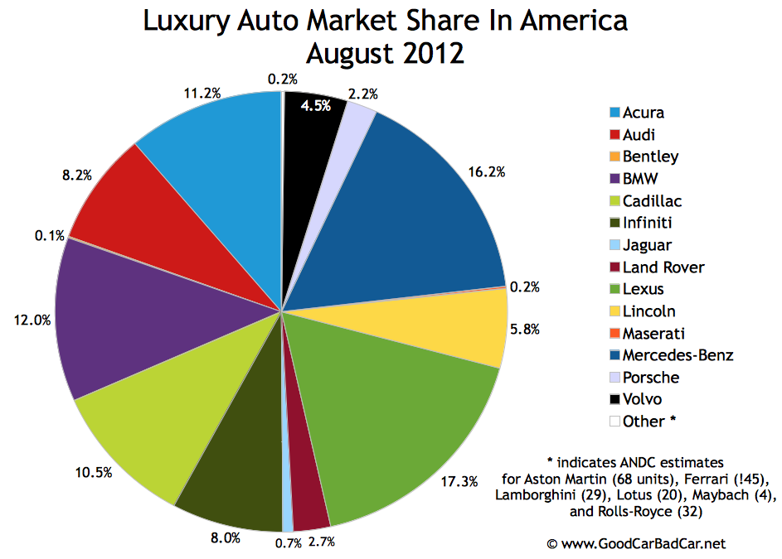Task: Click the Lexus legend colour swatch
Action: pyautogui.click(x=614, y=290)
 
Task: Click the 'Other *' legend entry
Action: pyautogui.click(x=642, y=422)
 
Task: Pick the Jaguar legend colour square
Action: pyautogui.click(x=614, y=246)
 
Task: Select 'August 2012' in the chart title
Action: pyautogui.click(x=385, y=54)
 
